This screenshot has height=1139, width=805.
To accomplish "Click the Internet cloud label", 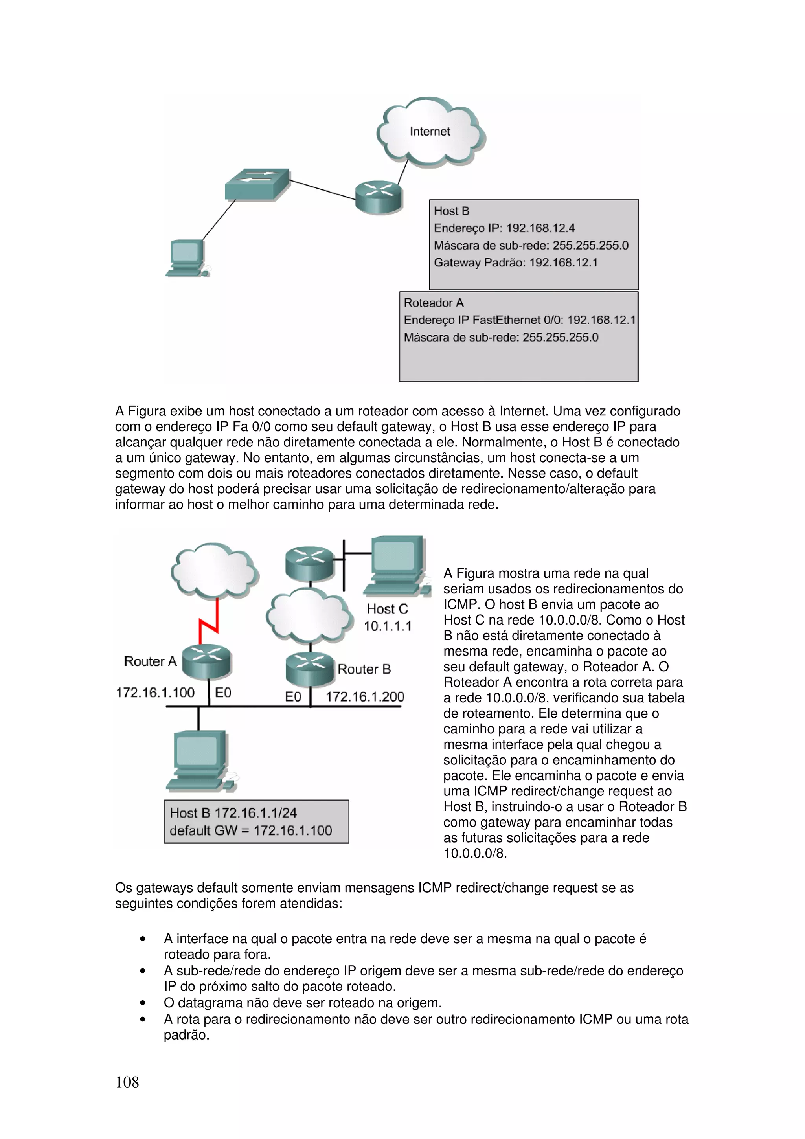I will tap(430, 131).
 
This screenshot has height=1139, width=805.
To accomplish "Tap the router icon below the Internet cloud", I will tap(379, 197).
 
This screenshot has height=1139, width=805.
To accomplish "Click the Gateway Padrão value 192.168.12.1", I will tap(563, 263).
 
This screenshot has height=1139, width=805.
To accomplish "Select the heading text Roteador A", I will tap(434, 303).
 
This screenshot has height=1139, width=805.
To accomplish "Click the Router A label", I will tap(150, 661).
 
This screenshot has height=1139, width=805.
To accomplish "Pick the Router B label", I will tap(364, 669).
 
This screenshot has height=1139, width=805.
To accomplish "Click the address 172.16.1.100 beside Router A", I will tap(155, 693).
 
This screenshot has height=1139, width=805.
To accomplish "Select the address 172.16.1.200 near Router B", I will tap(364, 696).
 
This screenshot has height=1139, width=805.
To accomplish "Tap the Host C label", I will tap(387, 609).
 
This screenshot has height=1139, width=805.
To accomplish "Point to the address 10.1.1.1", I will tap(388, 626).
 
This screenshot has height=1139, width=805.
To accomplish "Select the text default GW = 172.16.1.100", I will tap(250, 830).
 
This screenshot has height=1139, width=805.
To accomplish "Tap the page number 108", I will tap(127, 1082).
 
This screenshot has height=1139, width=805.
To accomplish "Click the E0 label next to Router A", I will tap(223, 693).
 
